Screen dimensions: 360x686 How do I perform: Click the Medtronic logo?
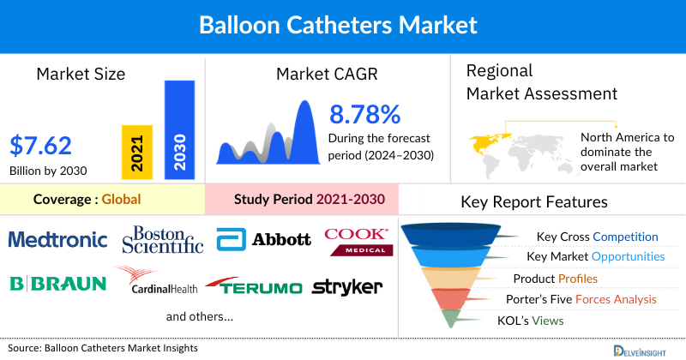click(x=57, y=238)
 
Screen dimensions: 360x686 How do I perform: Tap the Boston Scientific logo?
click(x=163, y=239)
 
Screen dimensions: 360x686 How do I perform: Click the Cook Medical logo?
click(x=358, y=240)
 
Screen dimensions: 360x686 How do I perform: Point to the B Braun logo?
click(x=57, y=284)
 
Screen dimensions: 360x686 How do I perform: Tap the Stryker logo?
click(x=347, y=286)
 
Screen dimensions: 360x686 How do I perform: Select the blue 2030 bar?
click(x=179, y=129)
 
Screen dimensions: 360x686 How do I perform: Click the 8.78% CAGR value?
click(x=365, y=115)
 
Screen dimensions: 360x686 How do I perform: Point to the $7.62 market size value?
click(x=41, y=144)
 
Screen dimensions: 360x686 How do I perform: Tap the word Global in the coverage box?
click(x=121, y=200)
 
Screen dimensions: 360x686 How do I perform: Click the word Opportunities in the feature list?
click(x=623, y=256)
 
